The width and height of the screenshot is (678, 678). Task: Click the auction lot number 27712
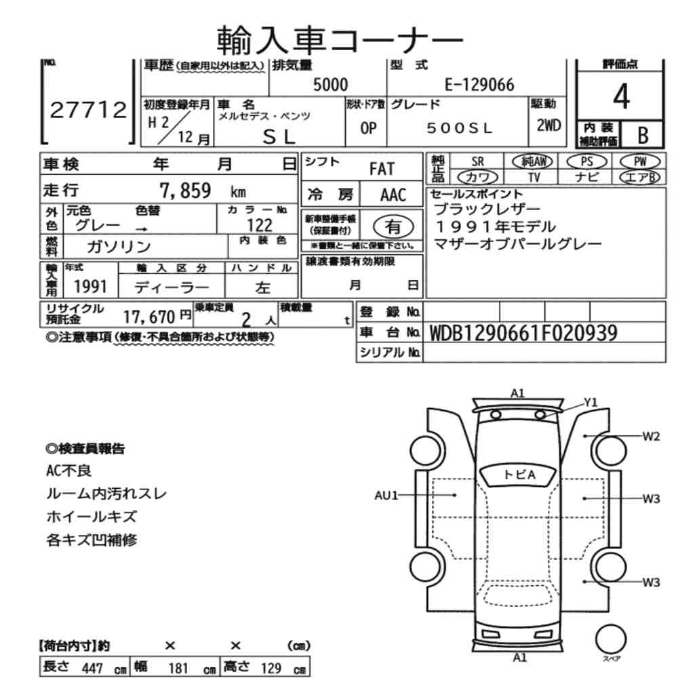88,110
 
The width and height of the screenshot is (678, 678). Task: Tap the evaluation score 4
621,96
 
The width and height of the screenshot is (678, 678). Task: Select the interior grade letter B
643,136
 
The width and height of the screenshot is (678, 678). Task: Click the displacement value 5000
330,84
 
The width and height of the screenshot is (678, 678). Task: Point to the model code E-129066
479,85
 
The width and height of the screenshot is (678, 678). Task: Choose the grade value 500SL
459,128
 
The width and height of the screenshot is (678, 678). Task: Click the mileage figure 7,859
185,191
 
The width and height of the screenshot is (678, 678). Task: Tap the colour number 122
260,225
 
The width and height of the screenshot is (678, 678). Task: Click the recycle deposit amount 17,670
148,317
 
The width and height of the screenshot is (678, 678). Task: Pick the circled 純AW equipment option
532,162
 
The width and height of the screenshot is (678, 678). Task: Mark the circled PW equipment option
640,162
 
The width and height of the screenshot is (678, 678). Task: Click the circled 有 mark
393,226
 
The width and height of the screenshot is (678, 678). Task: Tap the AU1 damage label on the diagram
386,495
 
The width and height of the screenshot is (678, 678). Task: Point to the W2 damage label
651,436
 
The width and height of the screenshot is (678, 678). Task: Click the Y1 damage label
591,403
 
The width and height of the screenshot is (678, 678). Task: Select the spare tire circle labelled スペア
611,639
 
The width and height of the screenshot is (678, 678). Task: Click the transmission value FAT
382,169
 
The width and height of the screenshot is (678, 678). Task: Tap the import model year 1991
90,286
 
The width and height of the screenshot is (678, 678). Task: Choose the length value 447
92,668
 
